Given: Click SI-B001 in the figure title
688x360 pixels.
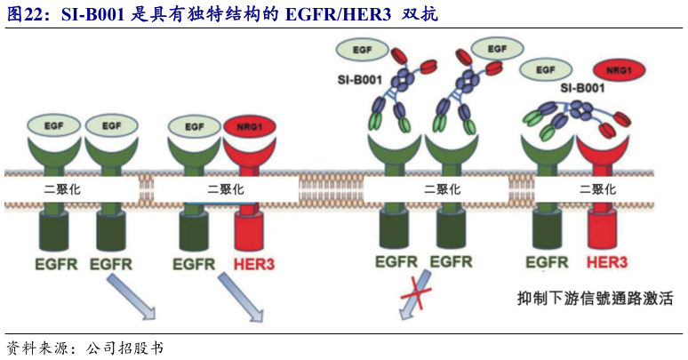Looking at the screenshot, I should (93, 15).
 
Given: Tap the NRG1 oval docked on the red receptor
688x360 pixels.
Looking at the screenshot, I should (249, 127).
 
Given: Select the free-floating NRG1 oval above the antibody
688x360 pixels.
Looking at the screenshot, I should (619, 69).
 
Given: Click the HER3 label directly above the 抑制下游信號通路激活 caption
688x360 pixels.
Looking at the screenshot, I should (607, 262).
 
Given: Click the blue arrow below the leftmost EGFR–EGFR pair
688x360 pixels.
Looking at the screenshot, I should (124, 296).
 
